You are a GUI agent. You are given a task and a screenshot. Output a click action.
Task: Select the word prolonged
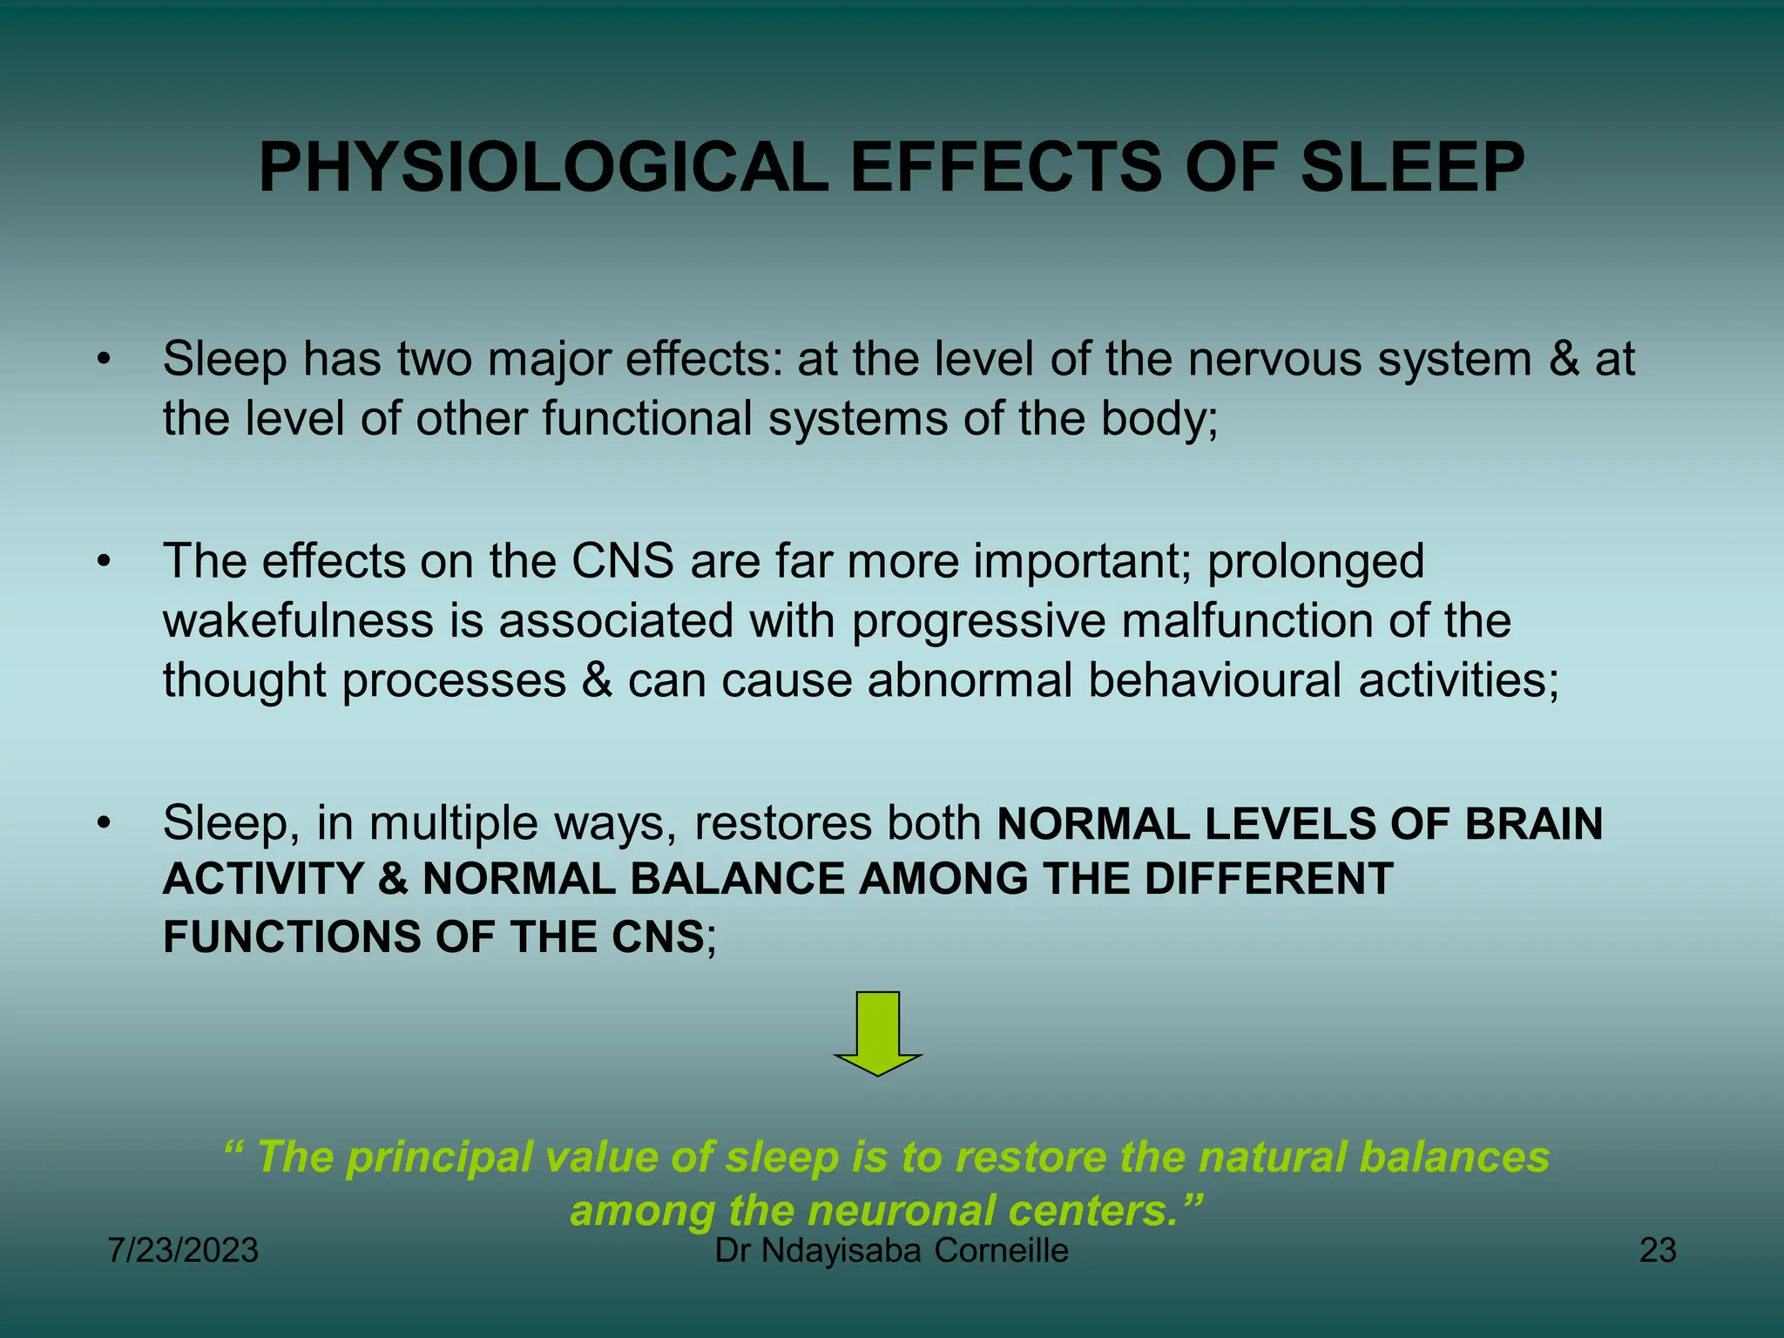[x=1315, y=561]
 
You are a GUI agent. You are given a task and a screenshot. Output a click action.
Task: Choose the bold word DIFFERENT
[x=1268, y=878]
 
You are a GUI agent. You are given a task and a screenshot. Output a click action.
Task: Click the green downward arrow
[x=877, y=1033]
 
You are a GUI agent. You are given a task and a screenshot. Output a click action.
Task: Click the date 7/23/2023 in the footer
[x=183, y=1251]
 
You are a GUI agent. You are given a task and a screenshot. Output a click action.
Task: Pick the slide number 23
[x=1658, y=1251]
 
